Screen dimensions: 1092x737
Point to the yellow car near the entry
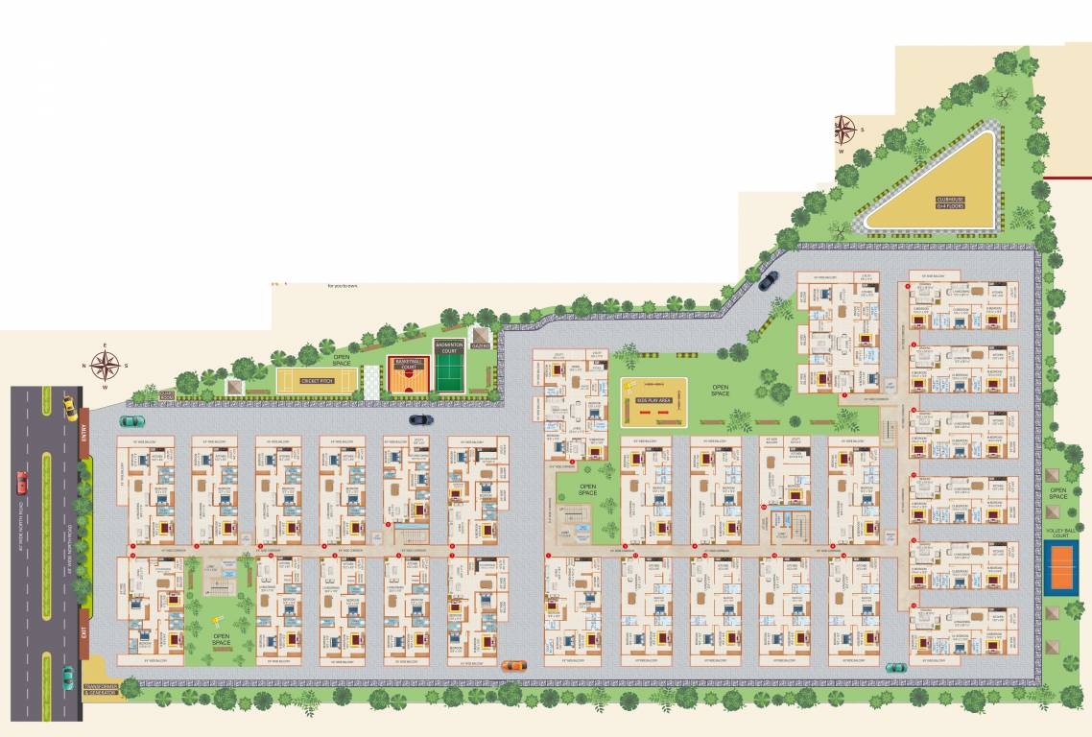[69, 407]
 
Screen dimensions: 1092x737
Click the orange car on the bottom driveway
[514, 665]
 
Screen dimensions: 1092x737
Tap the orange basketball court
[407, 376]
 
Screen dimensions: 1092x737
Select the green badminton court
[449, 369]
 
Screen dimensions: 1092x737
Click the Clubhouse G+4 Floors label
[952, 202]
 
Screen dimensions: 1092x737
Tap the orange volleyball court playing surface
[1061, 558]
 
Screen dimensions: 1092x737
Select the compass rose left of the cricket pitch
[106, 365]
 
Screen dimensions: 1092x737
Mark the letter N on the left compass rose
[85, 366]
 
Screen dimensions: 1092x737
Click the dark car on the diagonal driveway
[767, 280]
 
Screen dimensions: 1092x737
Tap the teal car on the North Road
[68, 678]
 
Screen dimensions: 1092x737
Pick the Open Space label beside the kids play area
[721, 392]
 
